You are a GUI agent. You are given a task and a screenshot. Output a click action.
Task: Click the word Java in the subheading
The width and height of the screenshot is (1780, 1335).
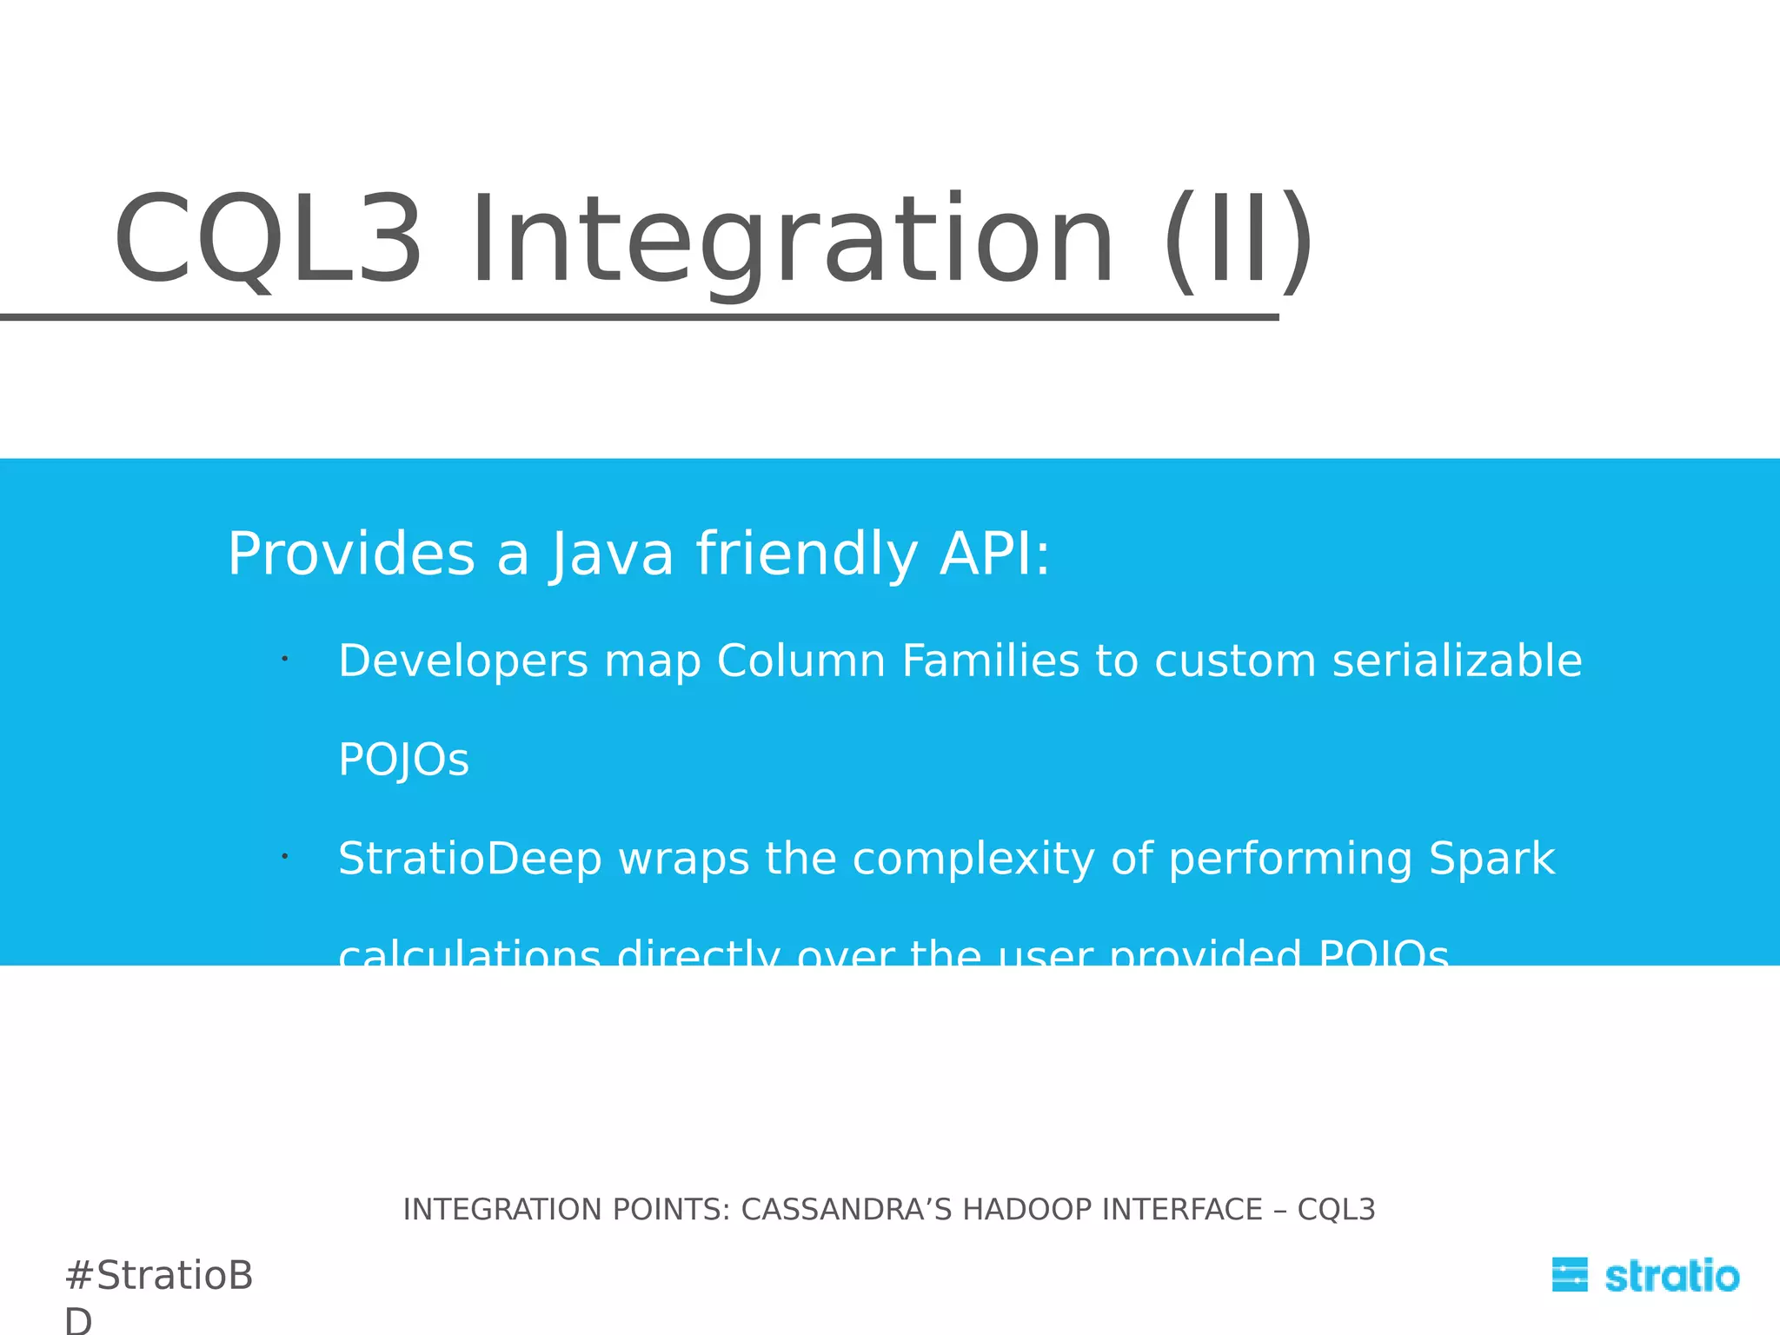tap(612, 555)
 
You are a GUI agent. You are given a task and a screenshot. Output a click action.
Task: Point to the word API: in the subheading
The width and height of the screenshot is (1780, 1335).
tap(995, 555)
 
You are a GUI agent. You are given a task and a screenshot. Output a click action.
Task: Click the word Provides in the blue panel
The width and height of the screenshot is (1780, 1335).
tap(351, 555)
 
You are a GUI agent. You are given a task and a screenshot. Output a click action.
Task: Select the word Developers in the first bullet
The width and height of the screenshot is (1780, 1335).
tap(463, 661)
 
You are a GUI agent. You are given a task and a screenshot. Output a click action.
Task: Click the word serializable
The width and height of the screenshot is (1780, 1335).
tap(1457, 661)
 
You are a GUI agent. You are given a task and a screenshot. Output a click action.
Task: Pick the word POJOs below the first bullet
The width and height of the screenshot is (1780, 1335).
tap(403, 760)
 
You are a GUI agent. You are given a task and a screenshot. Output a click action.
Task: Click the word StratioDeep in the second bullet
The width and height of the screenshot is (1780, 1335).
tap(469, 859)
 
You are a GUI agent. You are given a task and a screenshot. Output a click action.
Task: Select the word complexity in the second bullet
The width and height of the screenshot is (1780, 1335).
tap(973, 859)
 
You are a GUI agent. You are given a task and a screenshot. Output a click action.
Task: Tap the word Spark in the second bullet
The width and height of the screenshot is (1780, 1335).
tap(1491, 859)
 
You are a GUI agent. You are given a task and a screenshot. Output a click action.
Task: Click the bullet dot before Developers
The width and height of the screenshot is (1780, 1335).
tap(284, 660)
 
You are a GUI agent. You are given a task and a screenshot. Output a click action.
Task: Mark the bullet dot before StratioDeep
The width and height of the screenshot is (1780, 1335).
tap(284, 857)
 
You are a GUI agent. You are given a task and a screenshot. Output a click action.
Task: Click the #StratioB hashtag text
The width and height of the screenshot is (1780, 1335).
tap(159, 1276)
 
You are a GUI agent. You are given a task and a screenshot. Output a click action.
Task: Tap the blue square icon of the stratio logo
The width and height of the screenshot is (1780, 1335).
tap(1570, 1275)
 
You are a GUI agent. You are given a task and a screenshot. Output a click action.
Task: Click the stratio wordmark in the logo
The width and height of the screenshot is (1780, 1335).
tap(1671, 1276)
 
